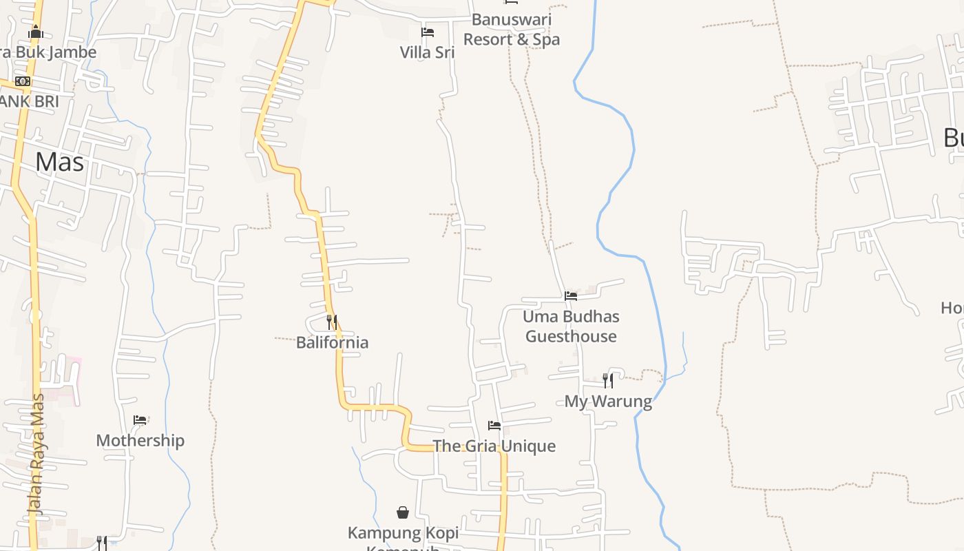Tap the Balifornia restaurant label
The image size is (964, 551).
(x=332, y=342)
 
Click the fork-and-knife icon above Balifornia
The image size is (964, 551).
(x=331, y=322)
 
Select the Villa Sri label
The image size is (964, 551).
(x=427, y=52)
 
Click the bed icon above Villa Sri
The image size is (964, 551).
(x=428, y=32)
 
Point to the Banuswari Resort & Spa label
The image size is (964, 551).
(x=512, y=30)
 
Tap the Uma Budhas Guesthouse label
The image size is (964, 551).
(x=571, y=326)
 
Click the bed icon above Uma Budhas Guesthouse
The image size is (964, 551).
(x=571, y=296)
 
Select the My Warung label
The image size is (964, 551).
(x=608, y=401)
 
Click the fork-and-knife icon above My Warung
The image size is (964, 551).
(x=607, y=380)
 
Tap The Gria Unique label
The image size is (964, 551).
(x=494, y=446)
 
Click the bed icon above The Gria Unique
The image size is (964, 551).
(x=494, y=426)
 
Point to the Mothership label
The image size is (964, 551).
(x=140, y=441)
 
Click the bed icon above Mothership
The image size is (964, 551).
(x=140, y=420)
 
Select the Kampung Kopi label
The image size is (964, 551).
(x=403, y=533)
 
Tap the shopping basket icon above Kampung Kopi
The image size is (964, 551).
(x=403, y=512)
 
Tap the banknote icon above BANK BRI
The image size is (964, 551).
(x=23, y=81)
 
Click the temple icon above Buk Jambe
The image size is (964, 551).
(x=36, y=32)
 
